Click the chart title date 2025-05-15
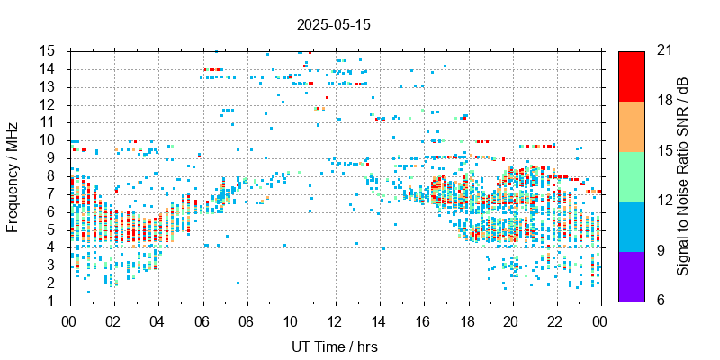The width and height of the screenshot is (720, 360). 333,25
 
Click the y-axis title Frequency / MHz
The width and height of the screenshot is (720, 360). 13,175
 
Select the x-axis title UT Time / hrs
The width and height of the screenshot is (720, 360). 335,346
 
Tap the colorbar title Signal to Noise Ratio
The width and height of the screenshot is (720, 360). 684,175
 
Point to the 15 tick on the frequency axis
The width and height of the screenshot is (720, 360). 50,50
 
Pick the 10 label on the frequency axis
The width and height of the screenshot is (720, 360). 50,139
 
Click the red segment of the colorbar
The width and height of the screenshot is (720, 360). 632,76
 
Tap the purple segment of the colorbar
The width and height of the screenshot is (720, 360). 632,275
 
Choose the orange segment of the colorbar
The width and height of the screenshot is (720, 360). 632,125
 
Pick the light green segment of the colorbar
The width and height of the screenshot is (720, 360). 632,175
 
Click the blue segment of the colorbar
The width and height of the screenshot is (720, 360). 632,225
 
